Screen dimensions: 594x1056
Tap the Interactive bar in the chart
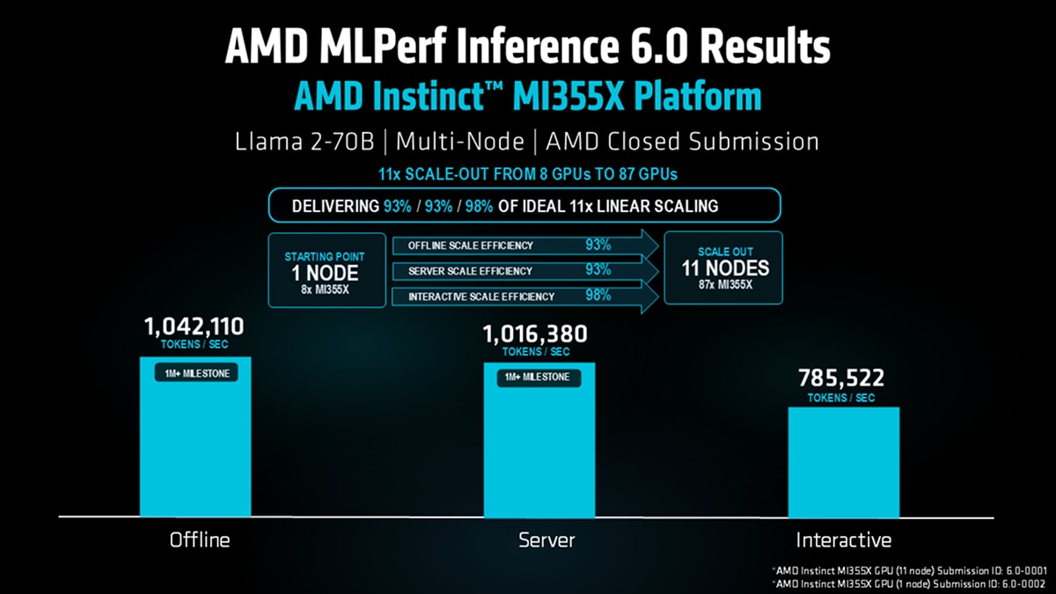click(843, 462)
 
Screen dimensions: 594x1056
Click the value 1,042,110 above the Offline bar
click(194, 328)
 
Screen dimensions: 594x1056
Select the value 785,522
click(840, 378)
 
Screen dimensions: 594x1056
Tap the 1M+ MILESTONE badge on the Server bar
click(537, 378)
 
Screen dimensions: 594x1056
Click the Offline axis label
click(199, 539)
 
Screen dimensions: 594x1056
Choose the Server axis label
click(546, 539)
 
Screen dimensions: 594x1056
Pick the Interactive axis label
click(843, 539)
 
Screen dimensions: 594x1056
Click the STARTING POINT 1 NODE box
click(325, 270)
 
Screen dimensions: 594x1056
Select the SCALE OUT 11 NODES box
click(725, 268)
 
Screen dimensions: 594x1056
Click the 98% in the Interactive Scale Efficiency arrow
click(598, 296)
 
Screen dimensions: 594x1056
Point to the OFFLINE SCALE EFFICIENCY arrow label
click(471, 246)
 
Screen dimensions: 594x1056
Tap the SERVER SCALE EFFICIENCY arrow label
click(470, 271)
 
